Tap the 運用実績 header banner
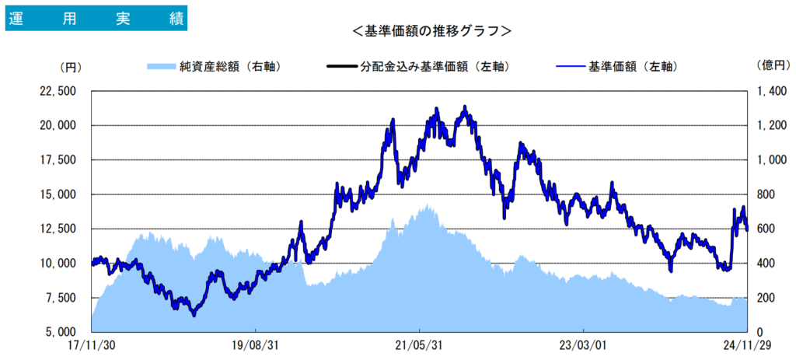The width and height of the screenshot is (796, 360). click(x=96, y=19)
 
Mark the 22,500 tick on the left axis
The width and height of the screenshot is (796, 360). click(x=57, y=91)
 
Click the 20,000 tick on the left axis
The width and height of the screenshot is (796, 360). click(x=57, y=125)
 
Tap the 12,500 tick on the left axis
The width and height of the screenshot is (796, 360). click(x=57, y=229)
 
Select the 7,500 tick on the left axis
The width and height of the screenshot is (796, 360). click(x=60, y=298)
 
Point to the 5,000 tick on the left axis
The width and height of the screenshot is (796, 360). click(x=60, y=332)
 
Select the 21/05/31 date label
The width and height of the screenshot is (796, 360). click(x=419, y=344)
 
